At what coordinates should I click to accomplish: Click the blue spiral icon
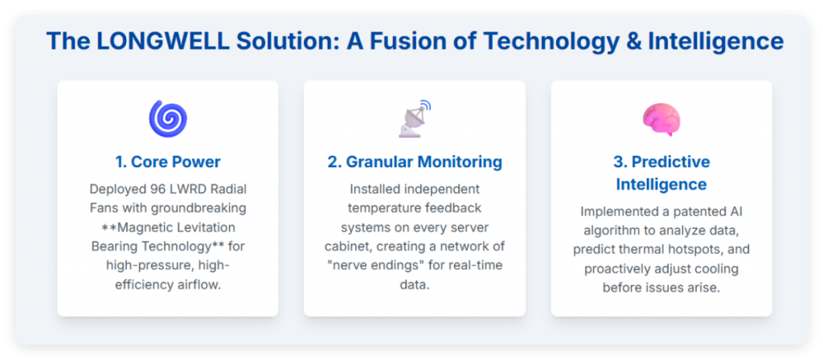click(168, 119)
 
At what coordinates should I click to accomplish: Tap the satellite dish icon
click(414, 118)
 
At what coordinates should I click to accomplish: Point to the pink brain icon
click(661, 119)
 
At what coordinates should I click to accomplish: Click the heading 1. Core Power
click(168, 162)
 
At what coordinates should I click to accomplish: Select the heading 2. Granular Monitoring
click(415, 162)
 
